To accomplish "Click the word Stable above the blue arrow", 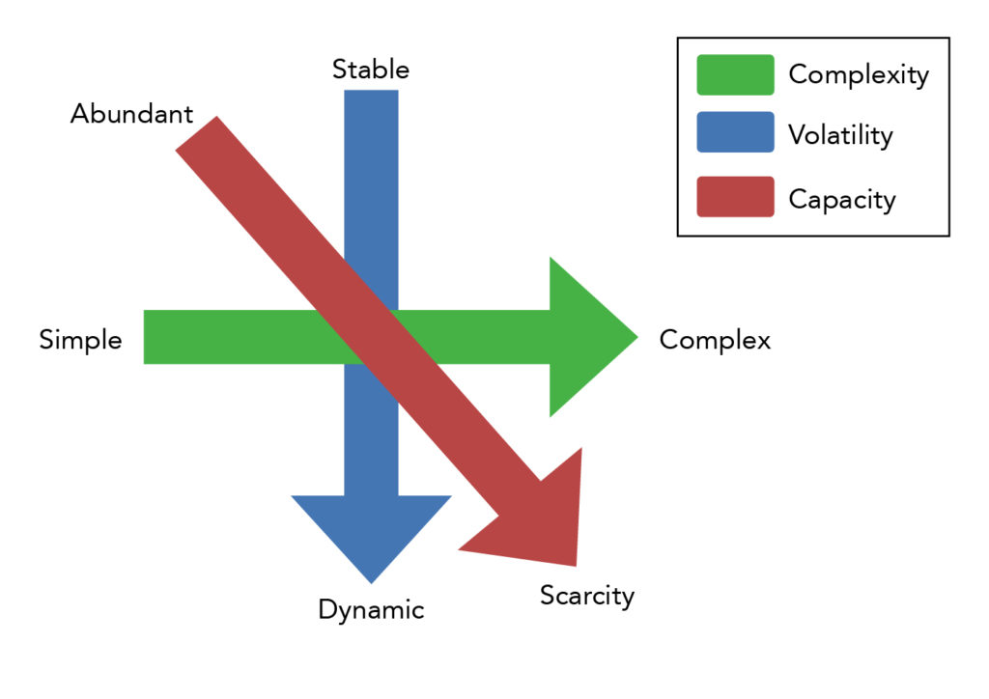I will (x=371, y=70).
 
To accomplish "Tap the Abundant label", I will (x=131, y=114).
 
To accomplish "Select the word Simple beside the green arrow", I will (x=80, y=340).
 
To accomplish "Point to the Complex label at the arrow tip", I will (x=715, y=340).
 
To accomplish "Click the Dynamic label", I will (x=371, y=610).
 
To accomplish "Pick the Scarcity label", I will (x=587, y=596).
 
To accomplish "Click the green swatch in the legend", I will (x=735, y=74).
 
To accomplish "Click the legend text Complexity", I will (x=859, y=74).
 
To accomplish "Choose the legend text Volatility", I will (x=840, y=135).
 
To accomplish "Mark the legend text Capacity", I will (x=842, y=199).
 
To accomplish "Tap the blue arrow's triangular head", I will (x=371, y=531).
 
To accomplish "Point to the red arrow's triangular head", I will (x=541, y=521).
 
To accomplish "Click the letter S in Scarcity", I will (x=548, y=596).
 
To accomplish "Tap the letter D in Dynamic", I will (x=326, y=610).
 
